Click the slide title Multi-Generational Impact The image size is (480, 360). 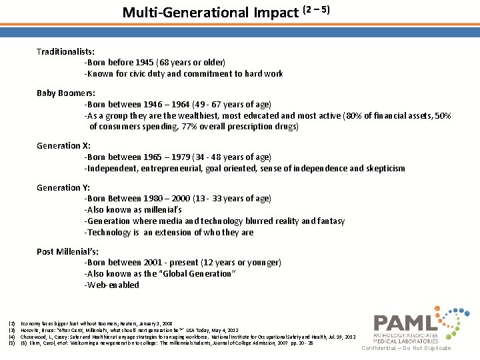[211, 13]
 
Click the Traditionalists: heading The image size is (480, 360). [65, 51]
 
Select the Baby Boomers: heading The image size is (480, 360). [66, 93]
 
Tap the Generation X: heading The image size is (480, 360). [63, 146]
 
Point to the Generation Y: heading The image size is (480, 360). [63, 188]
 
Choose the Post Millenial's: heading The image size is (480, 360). [68, 251]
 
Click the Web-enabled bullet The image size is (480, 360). [112, 285]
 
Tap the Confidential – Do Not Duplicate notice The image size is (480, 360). [406, 348]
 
